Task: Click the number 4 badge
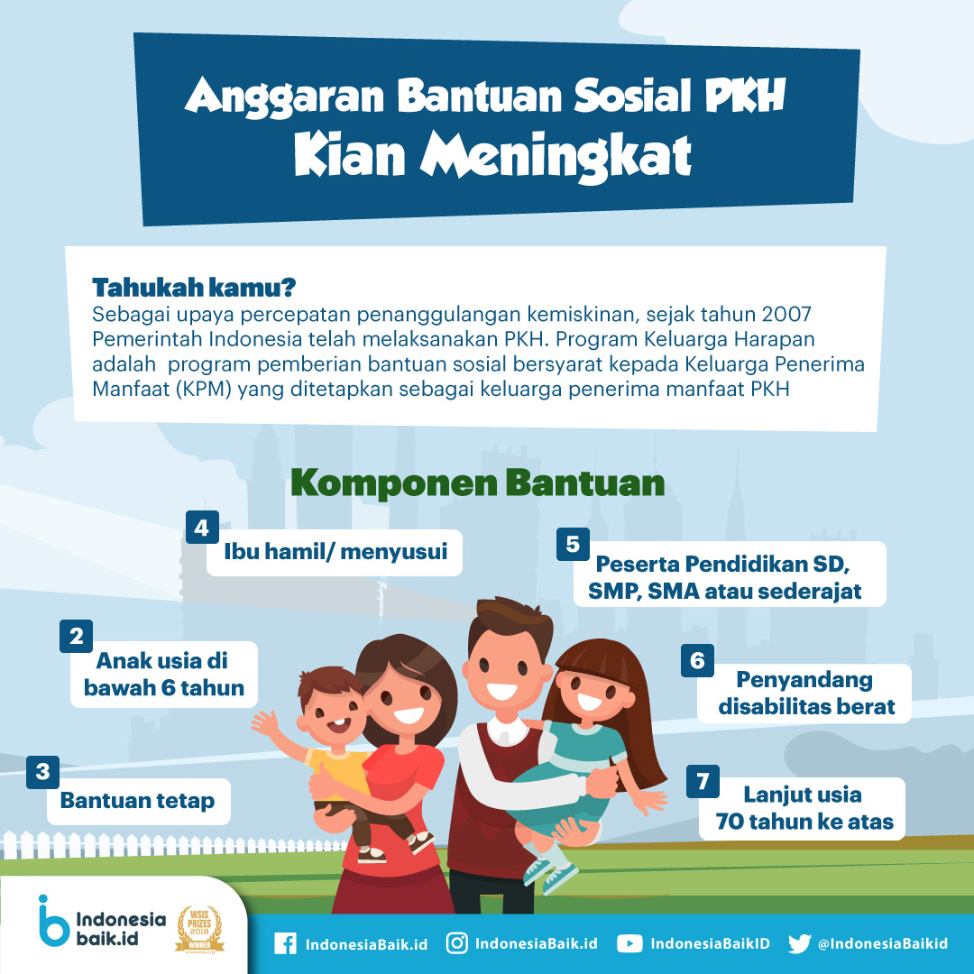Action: point(202,528)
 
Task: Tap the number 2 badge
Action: point(76,636)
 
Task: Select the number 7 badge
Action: point(703,781)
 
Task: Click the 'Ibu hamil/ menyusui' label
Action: point(335,552)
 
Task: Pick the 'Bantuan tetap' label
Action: point(138,801)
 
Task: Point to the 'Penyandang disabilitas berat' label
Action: point(806,694)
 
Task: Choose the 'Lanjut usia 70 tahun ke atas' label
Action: point(804,808)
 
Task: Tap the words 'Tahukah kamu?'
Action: point(194,288)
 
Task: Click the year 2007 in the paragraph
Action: point(786,314)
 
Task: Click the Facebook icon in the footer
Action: point(285,943)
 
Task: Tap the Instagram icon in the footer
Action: point(457,943)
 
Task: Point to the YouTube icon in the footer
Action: point(629,943)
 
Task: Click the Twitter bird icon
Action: point(799,943)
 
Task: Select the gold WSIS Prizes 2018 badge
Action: point(199,929)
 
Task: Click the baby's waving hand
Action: point(266,723)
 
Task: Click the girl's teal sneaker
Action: point(558,878)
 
